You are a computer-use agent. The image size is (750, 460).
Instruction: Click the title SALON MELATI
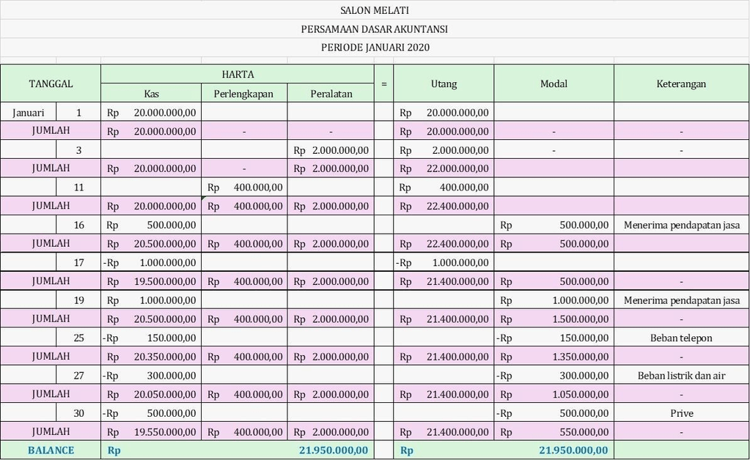tap(375, 10)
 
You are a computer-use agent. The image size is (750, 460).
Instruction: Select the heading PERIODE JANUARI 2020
tap(375, 48)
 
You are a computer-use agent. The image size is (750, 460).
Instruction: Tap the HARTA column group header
tap(238, 74)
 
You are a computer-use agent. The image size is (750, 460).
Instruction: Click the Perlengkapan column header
tap(243, 94)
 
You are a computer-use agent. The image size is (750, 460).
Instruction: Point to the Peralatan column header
tap(331, 94)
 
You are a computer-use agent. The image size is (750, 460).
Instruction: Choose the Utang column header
tap(444, 84)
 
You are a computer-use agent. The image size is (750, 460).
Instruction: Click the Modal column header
tap(554, 84)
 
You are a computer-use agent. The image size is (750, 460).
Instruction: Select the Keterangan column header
tap(681, 84)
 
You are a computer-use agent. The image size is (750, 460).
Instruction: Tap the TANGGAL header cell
tap(51, 84)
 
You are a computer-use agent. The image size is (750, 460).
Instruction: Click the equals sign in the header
tap(383, 84)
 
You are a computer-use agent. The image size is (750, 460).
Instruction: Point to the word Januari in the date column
tap(29, 113)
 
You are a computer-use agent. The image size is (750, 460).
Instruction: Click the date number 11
tap(78, 188)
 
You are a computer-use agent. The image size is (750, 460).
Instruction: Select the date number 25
tap(78, 338)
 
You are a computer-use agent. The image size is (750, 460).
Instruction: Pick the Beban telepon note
tap(681, 338)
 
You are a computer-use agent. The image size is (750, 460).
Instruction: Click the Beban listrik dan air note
tap(681, 376)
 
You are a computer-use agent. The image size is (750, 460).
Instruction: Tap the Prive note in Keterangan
tap(681, 413)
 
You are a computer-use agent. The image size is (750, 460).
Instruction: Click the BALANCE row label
tap(51, 450)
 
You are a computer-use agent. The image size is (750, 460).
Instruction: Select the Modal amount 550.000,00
tap(584, 432)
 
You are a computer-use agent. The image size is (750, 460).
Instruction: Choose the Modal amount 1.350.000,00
tap(579, 357)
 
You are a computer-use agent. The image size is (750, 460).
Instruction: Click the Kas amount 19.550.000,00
tap(165, 432)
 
